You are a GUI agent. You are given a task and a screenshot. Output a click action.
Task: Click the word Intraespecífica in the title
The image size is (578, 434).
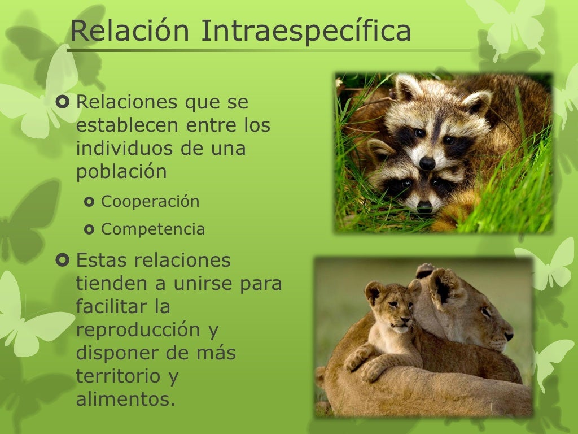coord(305,31)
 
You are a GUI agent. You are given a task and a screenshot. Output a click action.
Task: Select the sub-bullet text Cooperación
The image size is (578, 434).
coord(150,202)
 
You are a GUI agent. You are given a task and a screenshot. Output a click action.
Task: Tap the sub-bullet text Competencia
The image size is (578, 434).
coord(153,229)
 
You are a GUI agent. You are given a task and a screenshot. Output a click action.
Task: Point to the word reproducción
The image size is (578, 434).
coord(147,330)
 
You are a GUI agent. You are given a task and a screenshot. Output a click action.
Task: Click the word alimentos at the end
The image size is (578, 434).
coord(125,400)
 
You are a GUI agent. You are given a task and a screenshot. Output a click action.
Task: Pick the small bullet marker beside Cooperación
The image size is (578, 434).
coord(89,202)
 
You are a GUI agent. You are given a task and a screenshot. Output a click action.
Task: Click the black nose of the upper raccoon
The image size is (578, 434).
coord(427,163)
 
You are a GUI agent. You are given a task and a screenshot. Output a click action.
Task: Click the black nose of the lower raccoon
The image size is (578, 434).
coord(424,207)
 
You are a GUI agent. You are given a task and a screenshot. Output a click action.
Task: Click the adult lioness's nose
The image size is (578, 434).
coord(509,335)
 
